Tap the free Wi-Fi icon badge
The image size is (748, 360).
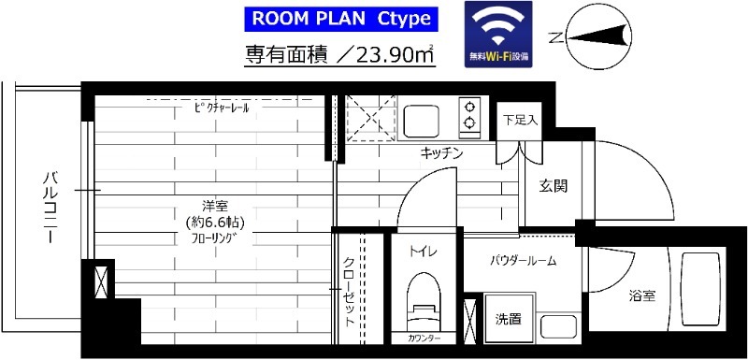coord(498,33)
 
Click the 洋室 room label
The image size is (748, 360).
coord(209,205)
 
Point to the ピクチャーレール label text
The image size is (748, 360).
coord(223,108)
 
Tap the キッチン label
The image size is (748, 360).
coord(441,153)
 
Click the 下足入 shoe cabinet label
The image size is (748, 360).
coord(520,120)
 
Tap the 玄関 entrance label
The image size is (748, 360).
coord(552,185)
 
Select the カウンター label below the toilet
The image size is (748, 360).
coord(424,338)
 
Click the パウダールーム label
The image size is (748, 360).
coord(524,261)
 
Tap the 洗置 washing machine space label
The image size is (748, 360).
coord(508,318)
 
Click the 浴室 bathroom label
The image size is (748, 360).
coord(641,296)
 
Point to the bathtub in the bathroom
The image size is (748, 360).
coord(698,289)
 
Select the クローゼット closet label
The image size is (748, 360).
coord(348,290)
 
